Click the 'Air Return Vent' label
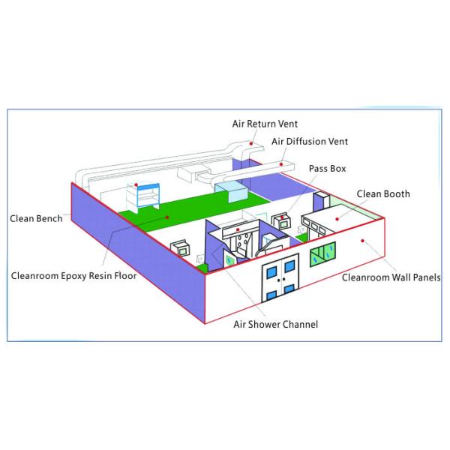(x=263, y=125)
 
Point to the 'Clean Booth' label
(x=382, y=193)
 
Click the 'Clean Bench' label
(x=36, y=219)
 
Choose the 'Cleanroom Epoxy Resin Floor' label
(x=73, y=275)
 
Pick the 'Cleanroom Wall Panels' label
(x=391, y=277)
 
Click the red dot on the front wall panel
(x=361, y=240)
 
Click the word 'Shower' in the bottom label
(x=273, y=324)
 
